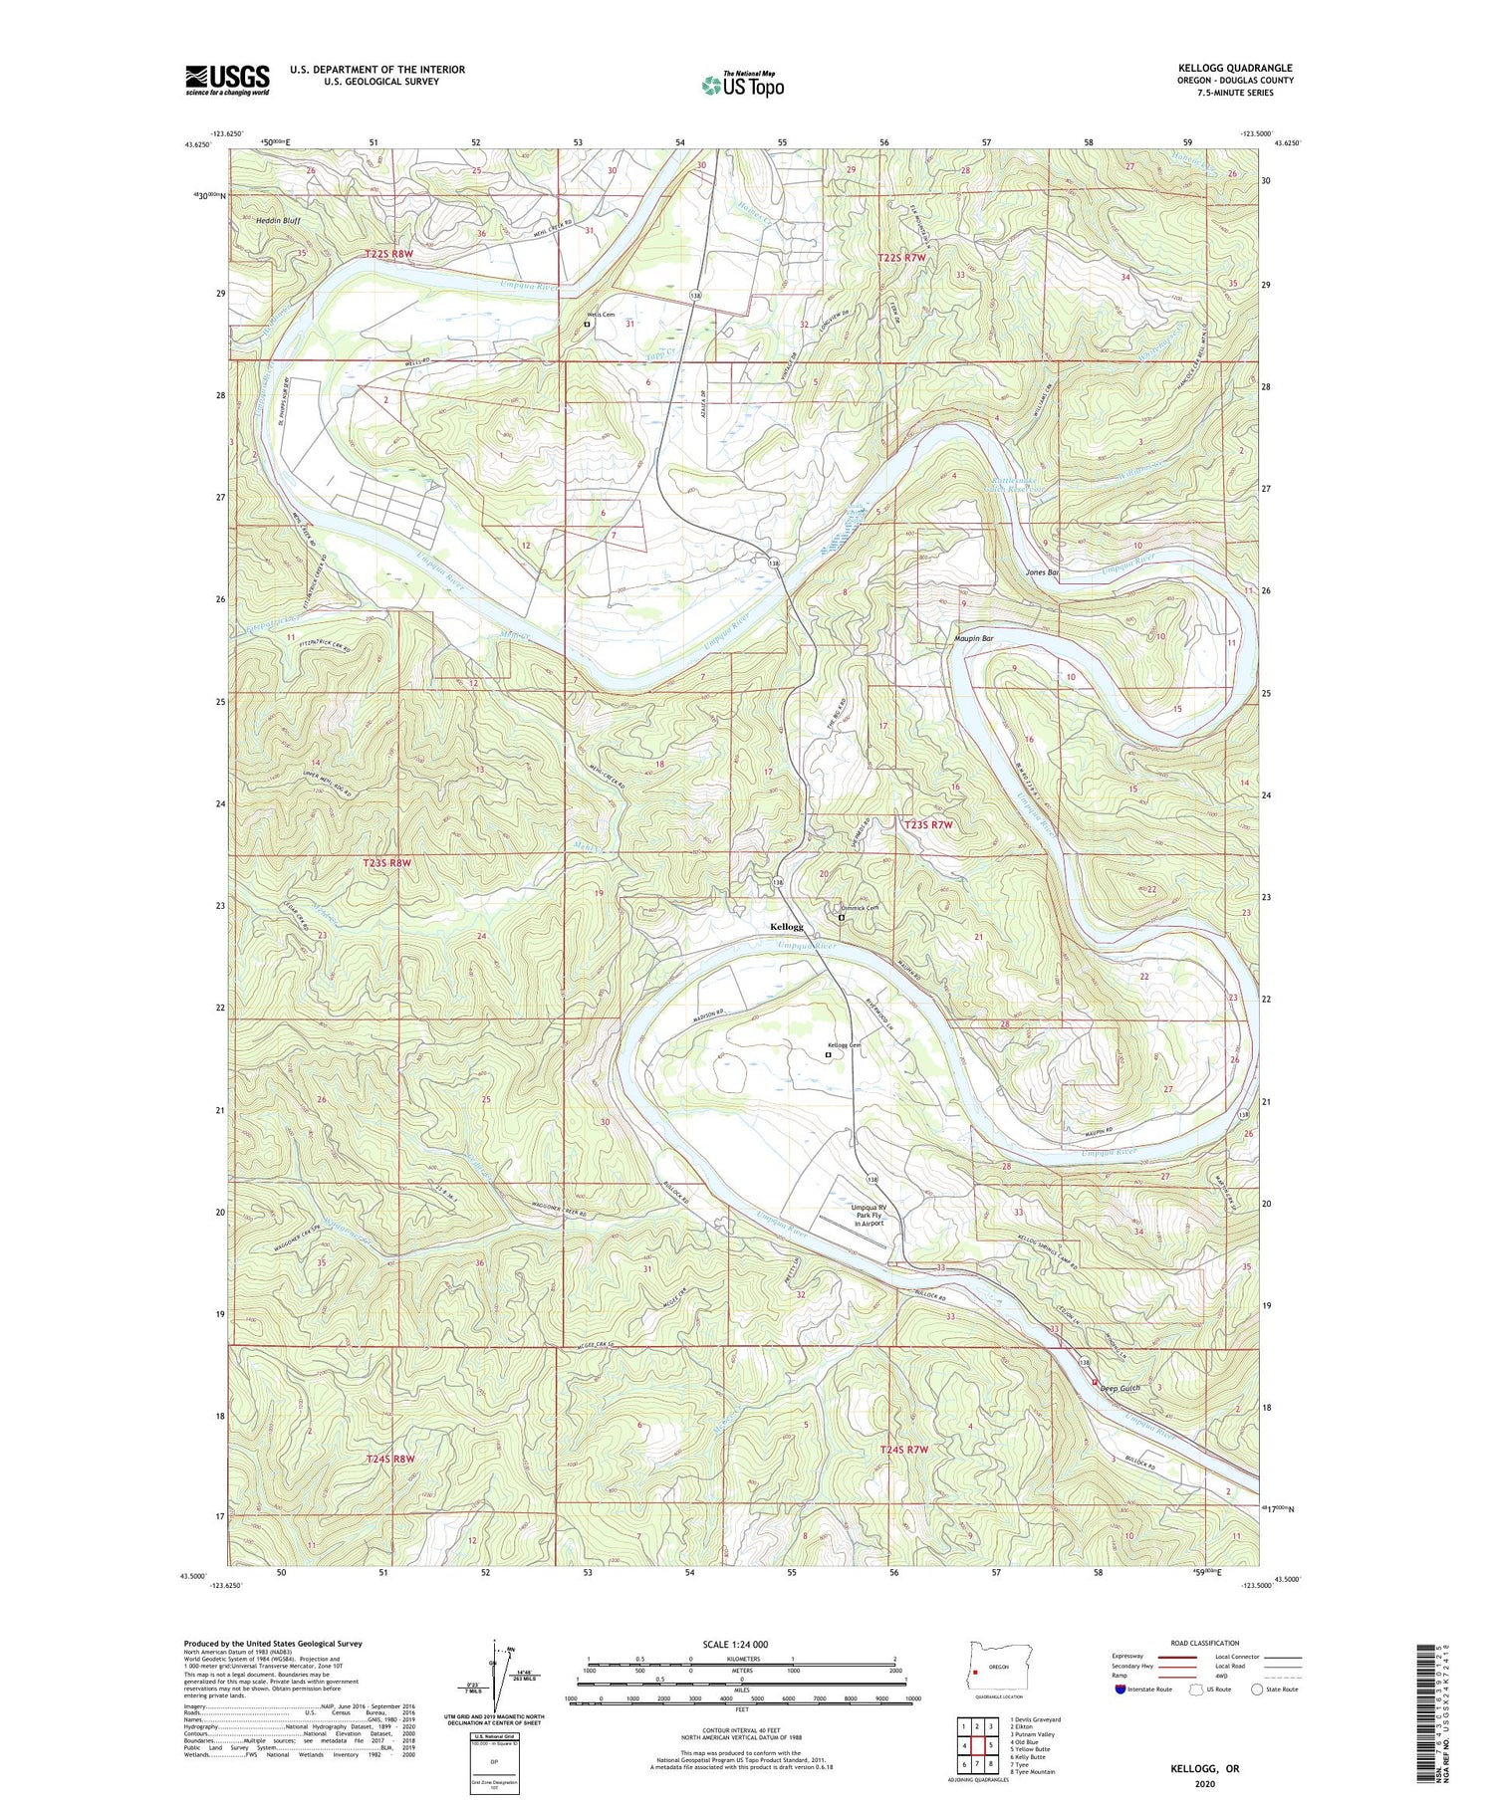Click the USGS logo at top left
(x=227, y=80)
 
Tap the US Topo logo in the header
(x=742, y=85)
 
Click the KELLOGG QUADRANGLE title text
(x=1234, y=69)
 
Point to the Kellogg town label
(x=786, y=926)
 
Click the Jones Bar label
(x=1042, y=573)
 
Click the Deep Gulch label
(x=1120, y=1387)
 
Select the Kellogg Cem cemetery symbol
(x=828, y=1054)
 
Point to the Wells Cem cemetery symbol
(x=587, y=324)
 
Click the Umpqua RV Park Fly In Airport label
(x=868, y=1216)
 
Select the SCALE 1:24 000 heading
(x=735, y=1644)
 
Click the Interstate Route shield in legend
(x=1120, y=1690)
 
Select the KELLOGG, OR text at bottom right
(x=1205, y=1769)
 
